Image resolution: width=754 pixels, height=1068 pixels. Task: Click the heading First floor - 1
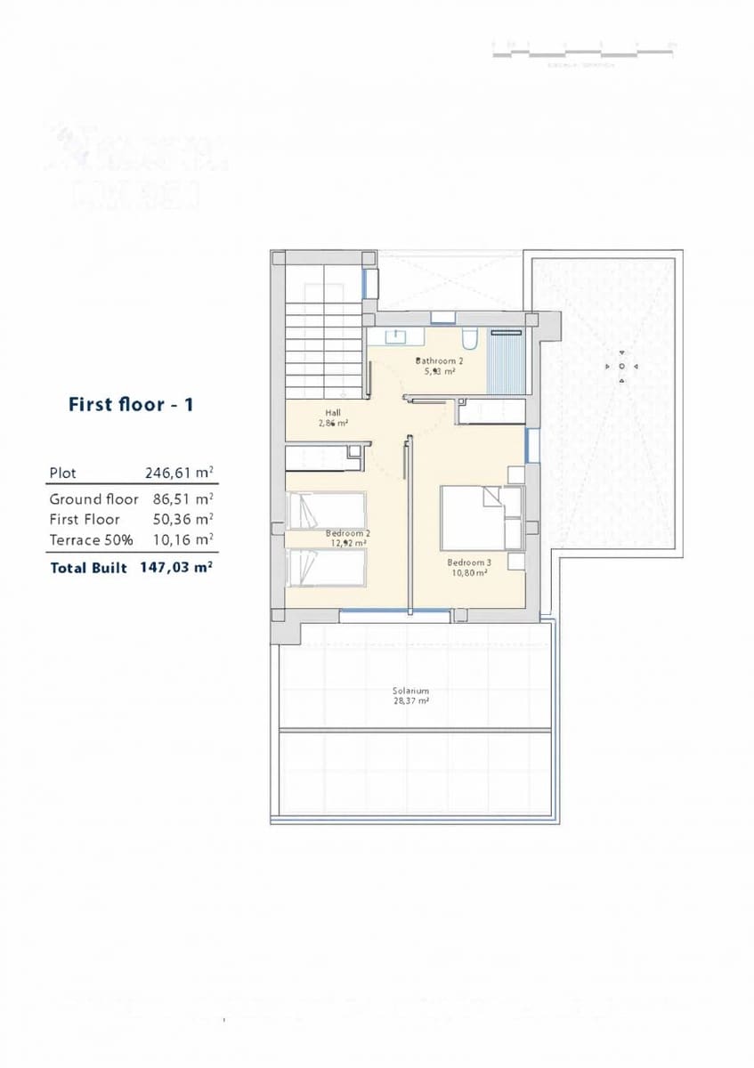pos(131,405)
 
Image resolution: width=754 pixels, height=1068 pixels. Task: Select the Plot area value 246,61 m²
pos(179,473)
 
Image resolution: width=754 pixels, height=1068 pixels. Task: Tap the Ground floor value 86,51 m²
pos(179,499)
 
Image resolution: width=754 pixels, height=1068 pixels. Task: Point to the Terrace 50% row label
pos(86,539)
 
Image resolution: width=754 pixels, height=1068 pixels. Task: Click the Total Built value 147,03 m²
pos(176,566)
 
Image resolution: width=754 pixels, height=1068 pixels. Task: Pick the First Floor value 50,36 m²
pos(179,519)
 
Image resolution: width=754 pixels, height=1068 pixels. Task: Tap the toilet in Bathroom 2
pos(470,339)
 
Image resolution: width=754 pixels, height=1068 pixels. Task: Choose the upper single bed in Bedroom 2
pos(327,512)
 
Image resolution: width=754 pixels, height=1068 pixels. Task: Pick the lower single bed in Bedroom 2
pos(327,567)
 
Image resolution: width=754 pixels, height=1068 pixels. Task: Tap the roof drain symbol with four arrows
pos(621,366)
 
